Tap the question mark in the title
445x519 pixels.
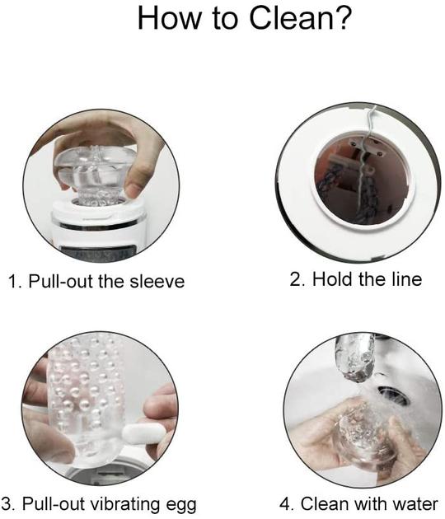pos(340,17)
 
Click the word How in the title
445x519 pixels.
pos(169,17)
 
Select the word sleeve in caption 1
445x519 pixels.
pos(157,282)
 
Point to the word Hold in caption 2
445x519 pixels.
pos(333,279)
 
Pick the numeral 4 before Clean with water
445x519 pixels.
pos(284,504)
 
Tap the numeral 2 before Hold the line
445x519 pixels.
pos(295,279)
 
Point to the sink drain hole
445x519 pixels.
pos(393,395)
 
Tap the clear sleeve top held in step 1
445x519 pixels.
pos(94,171)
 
